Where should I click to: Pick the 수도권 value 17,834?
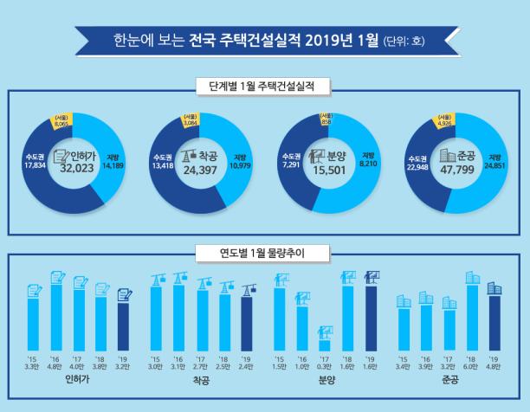(x=36, y=161)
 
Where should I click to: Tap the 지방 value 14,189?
(x=114, y=160)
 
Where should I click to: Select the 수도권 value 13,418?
(x=162, y=161)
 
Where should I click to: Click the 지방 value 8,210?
(x=366, y=160)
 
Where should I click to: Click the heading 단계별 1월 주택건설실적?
(x=265, y=87)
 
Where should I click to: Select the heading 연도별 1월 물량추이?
(x=265, y=254)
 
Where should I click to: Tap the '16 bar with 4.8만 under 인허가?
(x=56, y=316)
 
